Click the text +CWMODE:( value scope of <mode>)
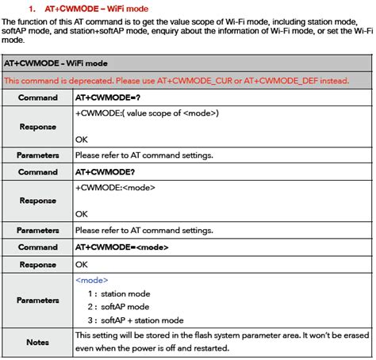[x=147, y=113]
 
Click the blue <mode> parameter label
[x=92, y=280]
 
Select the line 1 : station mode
[x=119, y=293]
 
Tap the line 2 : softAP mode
[x=119, y=306]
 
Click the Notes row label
[x=37, y=342]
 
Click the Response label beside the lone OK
[x=37, y=264]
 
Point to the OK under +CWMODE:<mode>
[x=82, y=213]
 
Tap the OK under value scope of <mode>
[x=82, y=139]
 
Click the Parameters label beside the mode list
[x=37, y=301]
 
